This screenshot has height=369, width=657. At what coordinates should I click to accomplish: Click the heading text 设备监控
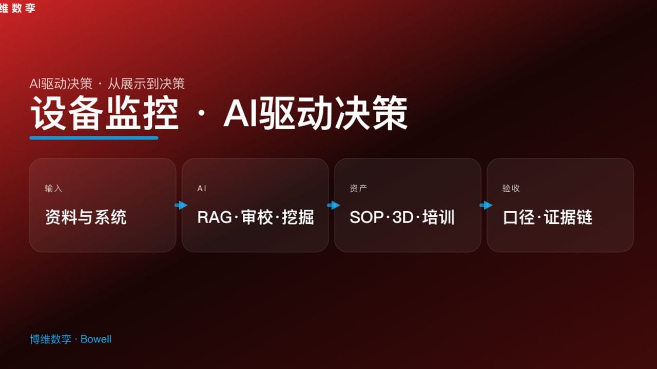(x=104, y=114)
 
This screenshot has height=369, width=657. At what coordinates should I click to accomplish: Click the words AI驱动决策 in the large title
(x=315, y=114)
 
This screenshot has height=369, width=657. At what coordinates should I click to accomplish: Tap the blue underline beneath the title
(x=94, y=138)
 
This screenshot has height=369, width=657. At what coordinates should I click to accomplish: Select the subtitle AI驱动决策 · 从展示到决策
(x=107, y=84)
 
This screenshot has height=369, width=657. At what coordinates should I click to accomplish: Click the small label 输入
(x=53, y=189)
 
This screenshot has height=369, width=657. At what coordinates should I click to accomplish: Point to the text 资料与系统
(x=86, y=217)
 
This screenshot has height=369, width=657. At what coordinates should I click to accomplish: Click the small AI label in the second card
(x=202, y=189)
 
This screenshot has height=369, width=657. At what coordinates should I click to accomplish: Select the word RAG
(x=215, y=217)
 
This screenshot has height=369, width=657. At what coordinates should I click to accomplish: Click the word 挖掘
(x=298, y=217)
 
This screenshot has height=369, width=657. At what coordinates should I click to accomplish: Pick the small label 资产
(x=358, y=189)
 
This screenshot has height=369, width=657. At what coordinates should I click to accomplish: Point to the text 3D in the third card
(x=402, y=217)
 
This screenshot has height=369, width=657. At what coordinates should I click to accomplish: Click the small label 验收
(x=511, y=189)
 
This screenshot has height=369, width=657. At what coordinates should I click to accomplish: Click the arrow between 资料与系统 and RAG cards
(x=181, y=206)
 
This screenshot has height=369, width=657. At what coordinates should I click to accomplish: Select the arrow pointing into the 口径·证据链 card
(x=486, y=206)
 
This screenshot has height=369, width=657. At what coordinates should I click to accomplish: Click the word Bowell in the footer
(x=96, y=339)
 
